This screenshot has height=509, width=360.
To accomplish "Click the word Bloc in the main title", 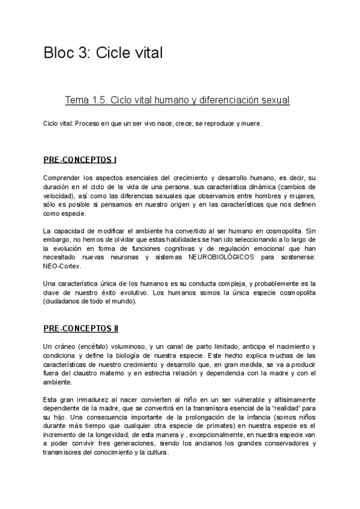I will click(x=58, y=53).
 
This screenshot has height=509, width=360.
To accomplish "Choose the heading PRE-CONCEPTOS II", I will click(x=81, y=329).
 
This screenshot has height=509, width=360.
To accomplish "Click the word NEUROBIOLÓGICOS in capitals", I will click(x=221, y=256).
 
